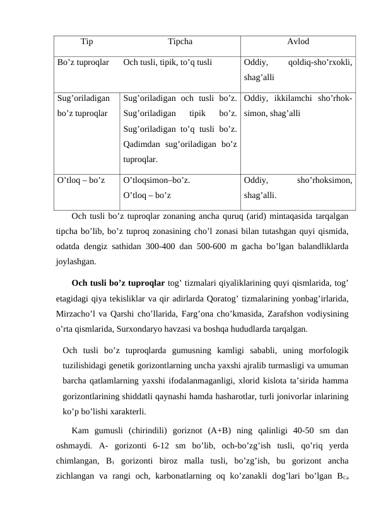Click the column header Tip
click(x=87, y=43)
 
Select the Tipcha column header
click(x=180, y=43)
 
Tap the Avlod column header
click(x=298, y=43)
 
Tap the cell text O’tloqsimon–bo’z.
click(x=157, y=179)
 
